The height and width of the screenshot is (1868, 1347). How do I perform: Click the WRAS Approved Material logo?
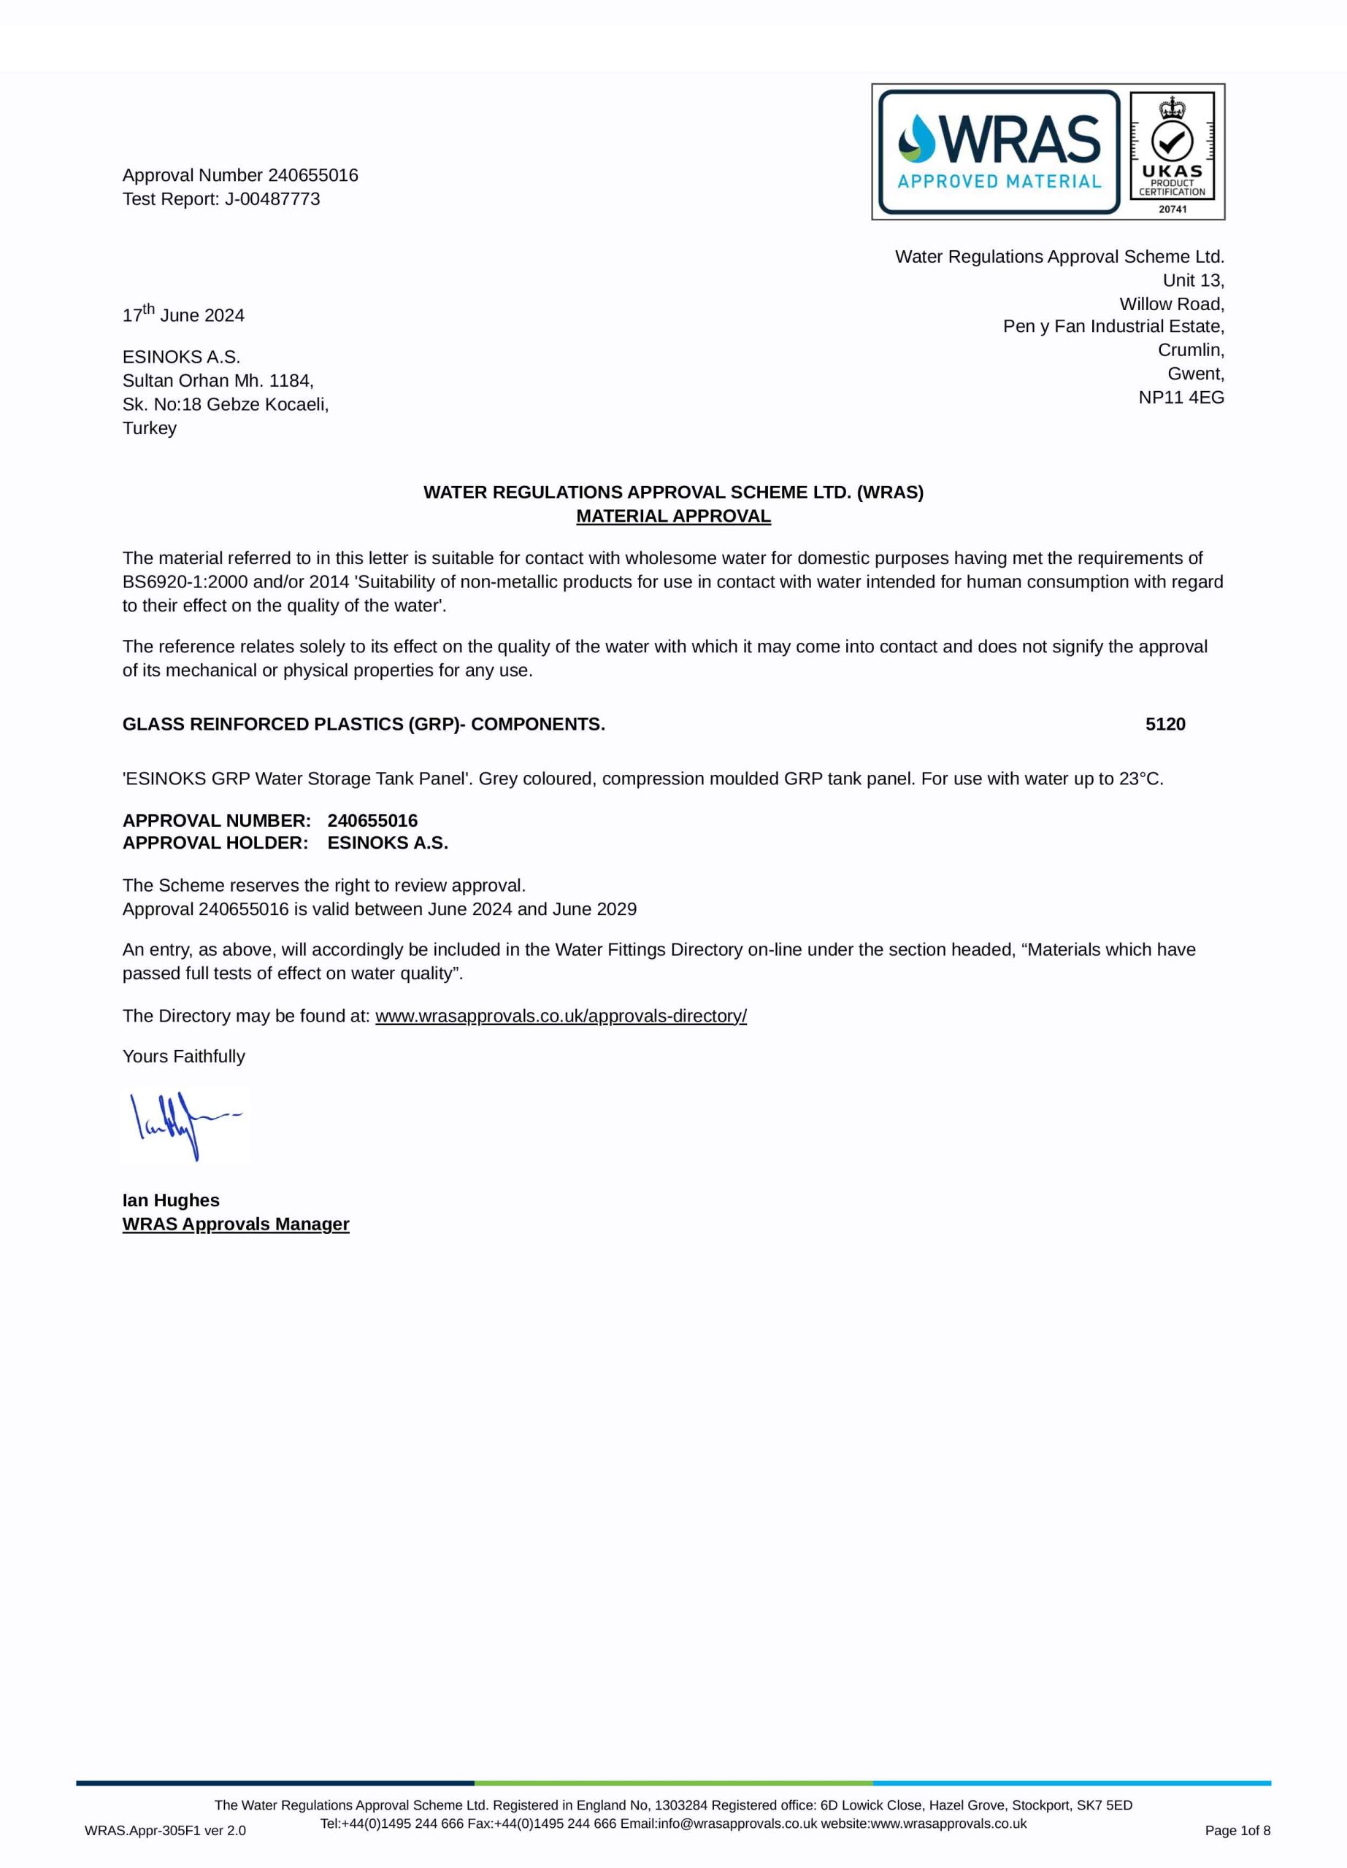point(999,152)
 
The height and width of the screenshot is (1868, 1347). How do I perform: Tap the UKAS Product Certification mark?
point(1172,153)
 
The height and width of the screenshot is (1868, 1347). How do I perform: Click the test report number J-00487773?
point(272,199)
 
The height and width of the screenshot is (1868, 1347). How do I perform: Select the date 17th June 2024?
point(183,314)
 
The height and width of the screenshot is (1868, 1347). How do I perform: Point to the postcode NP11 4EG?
point(1181,398)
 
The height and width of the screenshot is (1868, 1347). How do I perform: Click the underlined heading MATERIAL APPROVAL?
point(673,517)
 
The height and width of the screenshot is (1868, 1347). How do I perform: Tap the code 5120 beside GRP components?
point(1165,725)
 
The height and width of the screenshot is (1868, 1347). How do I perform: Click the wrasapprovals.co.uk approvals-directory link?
point(560,1016)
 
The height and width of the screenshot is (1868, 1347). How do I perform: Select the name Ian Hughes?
point(171,1200)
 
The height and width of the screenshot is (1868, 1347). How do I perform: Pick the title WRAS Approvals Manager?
point(236,1224)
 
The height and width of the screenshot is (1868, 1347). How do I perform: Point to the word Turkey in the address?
point(149,428)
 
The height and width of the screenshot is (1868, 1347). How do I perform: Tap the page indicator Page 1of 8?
point(1237,1830)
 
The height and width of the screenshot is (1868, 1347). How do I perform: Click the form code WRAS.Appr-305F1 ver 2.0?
point(165,1831)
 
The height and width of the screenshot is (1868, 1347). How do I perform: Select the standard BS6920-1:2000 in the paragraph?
point(185,582)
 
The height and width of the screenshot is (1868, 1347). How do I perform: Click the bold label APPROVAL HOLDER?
point(215,844)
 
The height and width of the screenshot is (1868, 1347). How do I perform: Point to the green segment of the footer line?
point(673,1783)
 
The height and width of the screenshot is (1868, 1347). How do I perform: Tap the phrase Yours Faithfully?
point(184,1057)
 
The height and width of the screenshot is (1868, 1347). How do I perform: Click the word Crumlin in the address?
point(1191,350)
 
